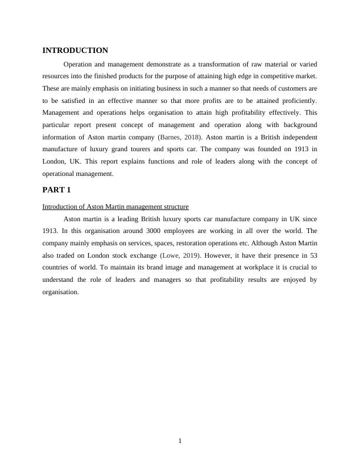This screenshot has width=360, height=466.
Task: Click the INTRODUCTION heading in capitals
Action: [x=75, y=51]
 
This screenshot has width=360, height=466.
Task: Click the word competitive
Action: [x=272, y=76]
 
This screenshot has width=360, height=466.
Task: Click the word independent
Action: [x=294, y=137]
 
